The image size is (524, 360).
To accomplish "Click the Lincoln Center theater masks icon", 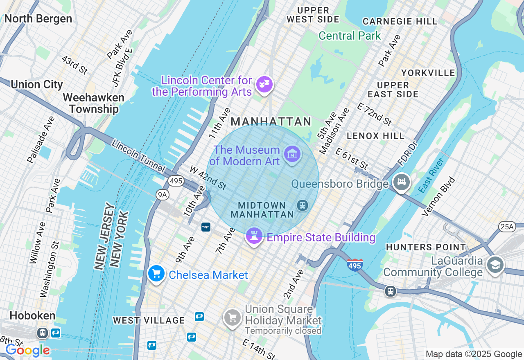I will click(264, 85).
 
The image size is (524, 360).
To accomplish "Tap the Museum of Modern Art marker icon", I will click(292, 154).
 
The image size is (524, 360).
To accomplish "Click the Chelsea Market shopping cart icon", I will click(156, 274).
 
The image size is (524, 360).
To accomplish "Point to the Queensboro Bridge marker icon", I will click(401, 182).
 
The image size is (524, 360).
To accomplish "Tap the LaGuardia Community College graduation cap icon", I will click(495, 265).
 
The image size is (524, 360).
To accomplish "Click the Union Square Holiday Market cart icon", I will click(232, 317).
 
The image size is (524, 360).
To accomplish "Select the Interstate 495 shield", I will click(354, 265).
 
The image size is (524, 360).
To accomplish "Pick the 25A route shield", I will click(507, 226).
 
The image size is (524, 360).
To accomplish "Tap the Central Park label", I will click(350, 36).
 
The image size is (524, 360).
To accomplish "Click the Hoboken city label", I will click(32, 316).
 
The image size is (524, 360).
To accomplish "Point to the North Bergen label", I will click(38, 19).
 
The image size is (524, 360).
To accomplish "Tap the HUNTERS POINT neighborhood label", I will click(426, 247).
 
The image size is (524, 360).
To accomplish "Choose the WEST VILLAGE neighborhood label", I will click(149, 320).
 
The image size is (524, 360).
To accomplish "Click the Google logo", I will click(27, 350).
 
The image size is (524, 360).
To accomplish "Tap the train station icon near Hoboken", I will click(42, 333).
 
